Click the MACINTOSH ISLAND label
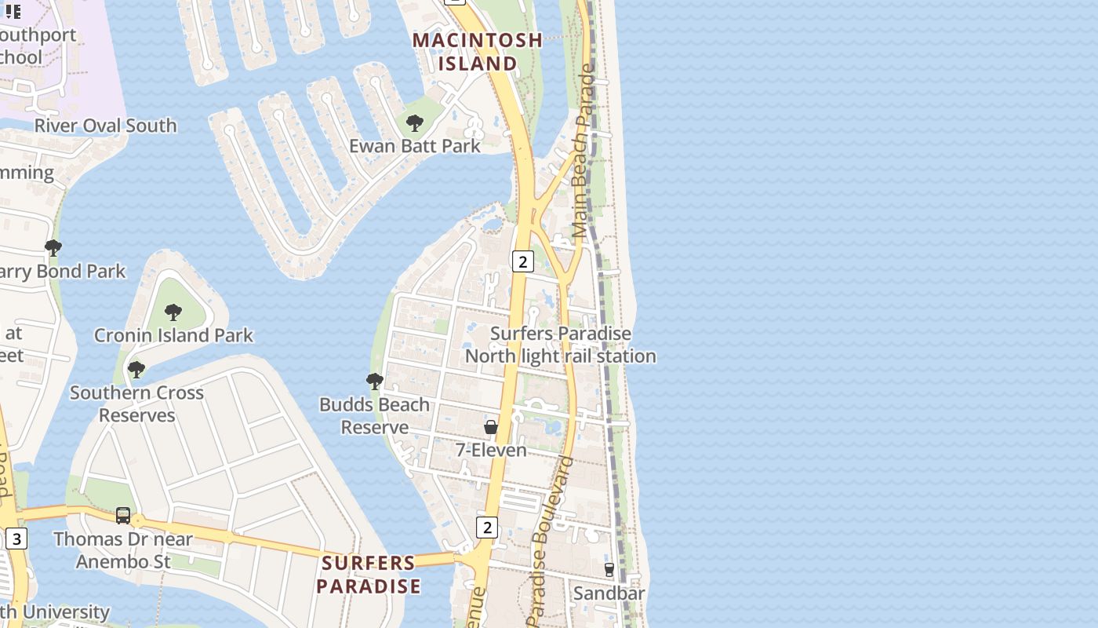tap(478, 51)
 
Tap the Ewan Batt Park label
tap(415, 145)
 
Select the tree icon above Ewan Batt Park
tap(415, 123)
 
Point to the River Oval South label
tap(106, 126)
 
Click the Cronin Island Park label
tap(173, 335)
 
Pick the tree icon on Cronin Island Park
tap(173, 312)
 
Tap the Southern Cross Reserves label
tap(136, 403)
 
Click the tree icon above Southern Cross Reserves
tap(136, 369)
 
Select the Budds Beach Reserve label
tap(374, 416)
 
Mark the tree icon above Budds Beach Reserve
tap(375, 382)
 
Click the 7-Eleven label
tap(491, 451)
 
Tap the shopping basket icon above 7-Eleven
tap(491, 427)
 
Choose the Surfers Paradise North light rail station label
tap(561, 345)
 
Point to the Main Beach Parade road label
tap(584, 151)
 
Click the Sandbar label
tap(609, 593)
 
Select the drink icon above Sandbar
tap(609, 570)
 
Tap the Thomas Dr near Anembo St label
tap(123, 550)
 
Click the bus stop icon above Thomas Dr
tap(123, 516)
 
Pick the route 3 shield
tap(16, 539)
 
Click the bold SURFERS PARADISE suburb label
tap(369, 575)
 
